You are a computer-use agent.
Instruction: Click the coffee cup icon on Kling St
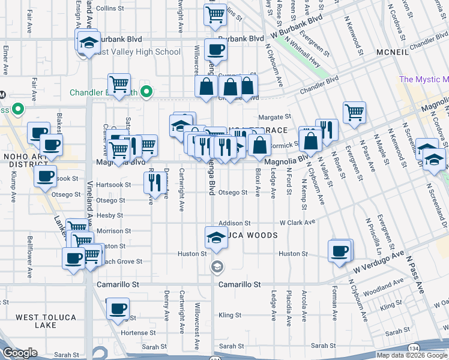117,310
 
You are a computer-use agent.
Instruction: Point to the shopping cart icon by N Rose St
354,111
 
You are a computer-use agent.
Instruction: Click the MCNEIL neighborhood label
393,52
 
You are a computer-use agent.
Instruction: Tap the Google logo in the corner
20,353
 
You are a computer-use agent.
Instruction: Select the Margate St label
274,117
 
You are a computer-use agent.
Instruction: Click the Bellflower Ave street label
29,257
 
